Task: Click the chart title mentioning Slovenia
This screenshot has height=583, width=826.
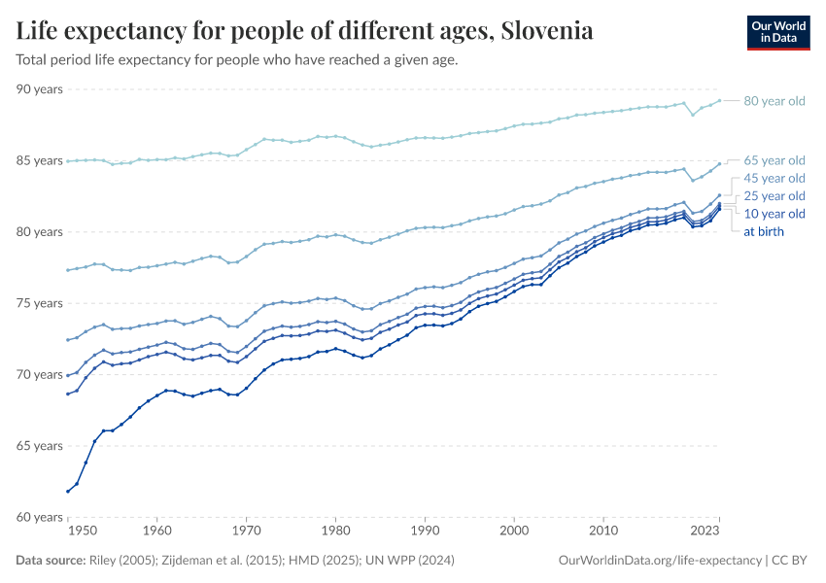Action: point(305,31)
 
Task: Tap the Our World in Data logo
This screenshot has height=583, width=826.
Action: point(777,32)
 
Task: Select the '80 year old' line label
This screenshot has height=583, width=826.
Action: point(774,101)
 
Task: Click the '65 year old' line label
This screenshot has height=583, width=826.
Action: point(774,160)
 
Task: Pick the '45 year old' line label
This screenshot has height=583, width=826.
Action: point(774,178)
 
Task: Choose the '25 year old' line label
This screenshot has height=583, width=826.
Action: point(774,196)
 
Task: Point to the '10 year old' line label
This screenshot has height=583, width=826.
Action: point(774,214)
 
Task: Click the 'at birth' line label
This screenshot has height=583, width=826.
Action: point(763,231)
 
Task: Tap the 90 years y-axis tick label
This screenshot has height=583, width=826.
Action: point(40,89)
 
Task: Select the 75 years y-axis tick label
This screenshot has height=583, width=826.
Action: point(40,303)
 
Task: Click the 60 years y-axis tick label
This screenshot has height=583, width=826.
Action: point(40,518)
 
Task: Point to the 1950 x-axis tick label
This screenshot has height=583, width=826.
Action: point(83,532)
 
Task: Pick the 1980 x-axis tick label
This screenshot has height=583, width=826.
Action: point(335,532)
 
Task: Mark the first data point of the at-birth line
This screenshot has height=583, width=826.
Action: point(68,492)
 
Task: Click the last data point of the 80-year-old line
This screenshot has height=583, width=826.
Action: point(719,100)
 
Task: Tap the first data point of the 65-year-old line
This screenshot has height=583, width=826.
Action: point(68,270)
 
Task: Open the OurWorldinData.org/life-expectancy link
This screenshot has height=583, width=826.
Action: point(661,561)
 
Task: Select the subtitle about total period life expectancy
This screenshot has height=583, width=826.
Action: point(237,59)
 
